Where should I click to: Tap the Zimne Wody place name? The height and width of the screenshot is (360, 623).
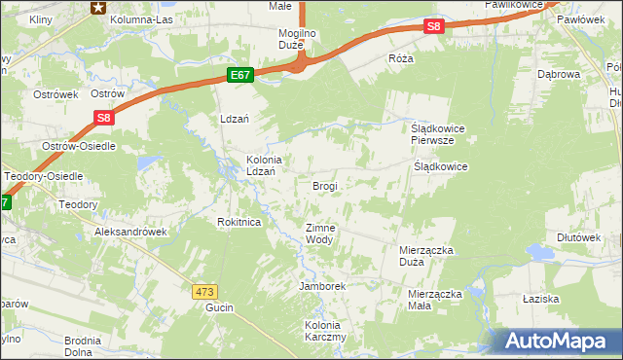click(320, 234)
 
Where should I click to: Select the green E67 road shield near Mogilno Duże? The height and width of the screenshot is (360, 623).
click(241, 75)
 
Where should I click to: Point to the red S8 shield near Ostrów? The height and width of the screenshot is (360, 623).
click(105, 119)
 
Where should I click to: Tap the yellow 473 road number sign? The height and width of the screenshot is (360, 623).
click(203, 291)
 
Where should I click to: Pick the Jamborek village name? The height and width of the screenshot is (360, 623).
click(323, 287)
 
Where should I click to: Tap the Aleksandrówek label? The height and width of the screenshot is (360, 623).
click(131, 233)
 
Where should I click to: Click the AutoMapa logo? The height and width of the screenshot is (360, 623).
click(560, 341)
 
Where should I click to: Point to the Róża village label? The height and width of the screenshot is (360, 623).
click(401, 58)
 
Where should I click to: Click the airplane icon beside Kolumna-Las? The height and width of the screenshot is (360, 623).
click(98, 8)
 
